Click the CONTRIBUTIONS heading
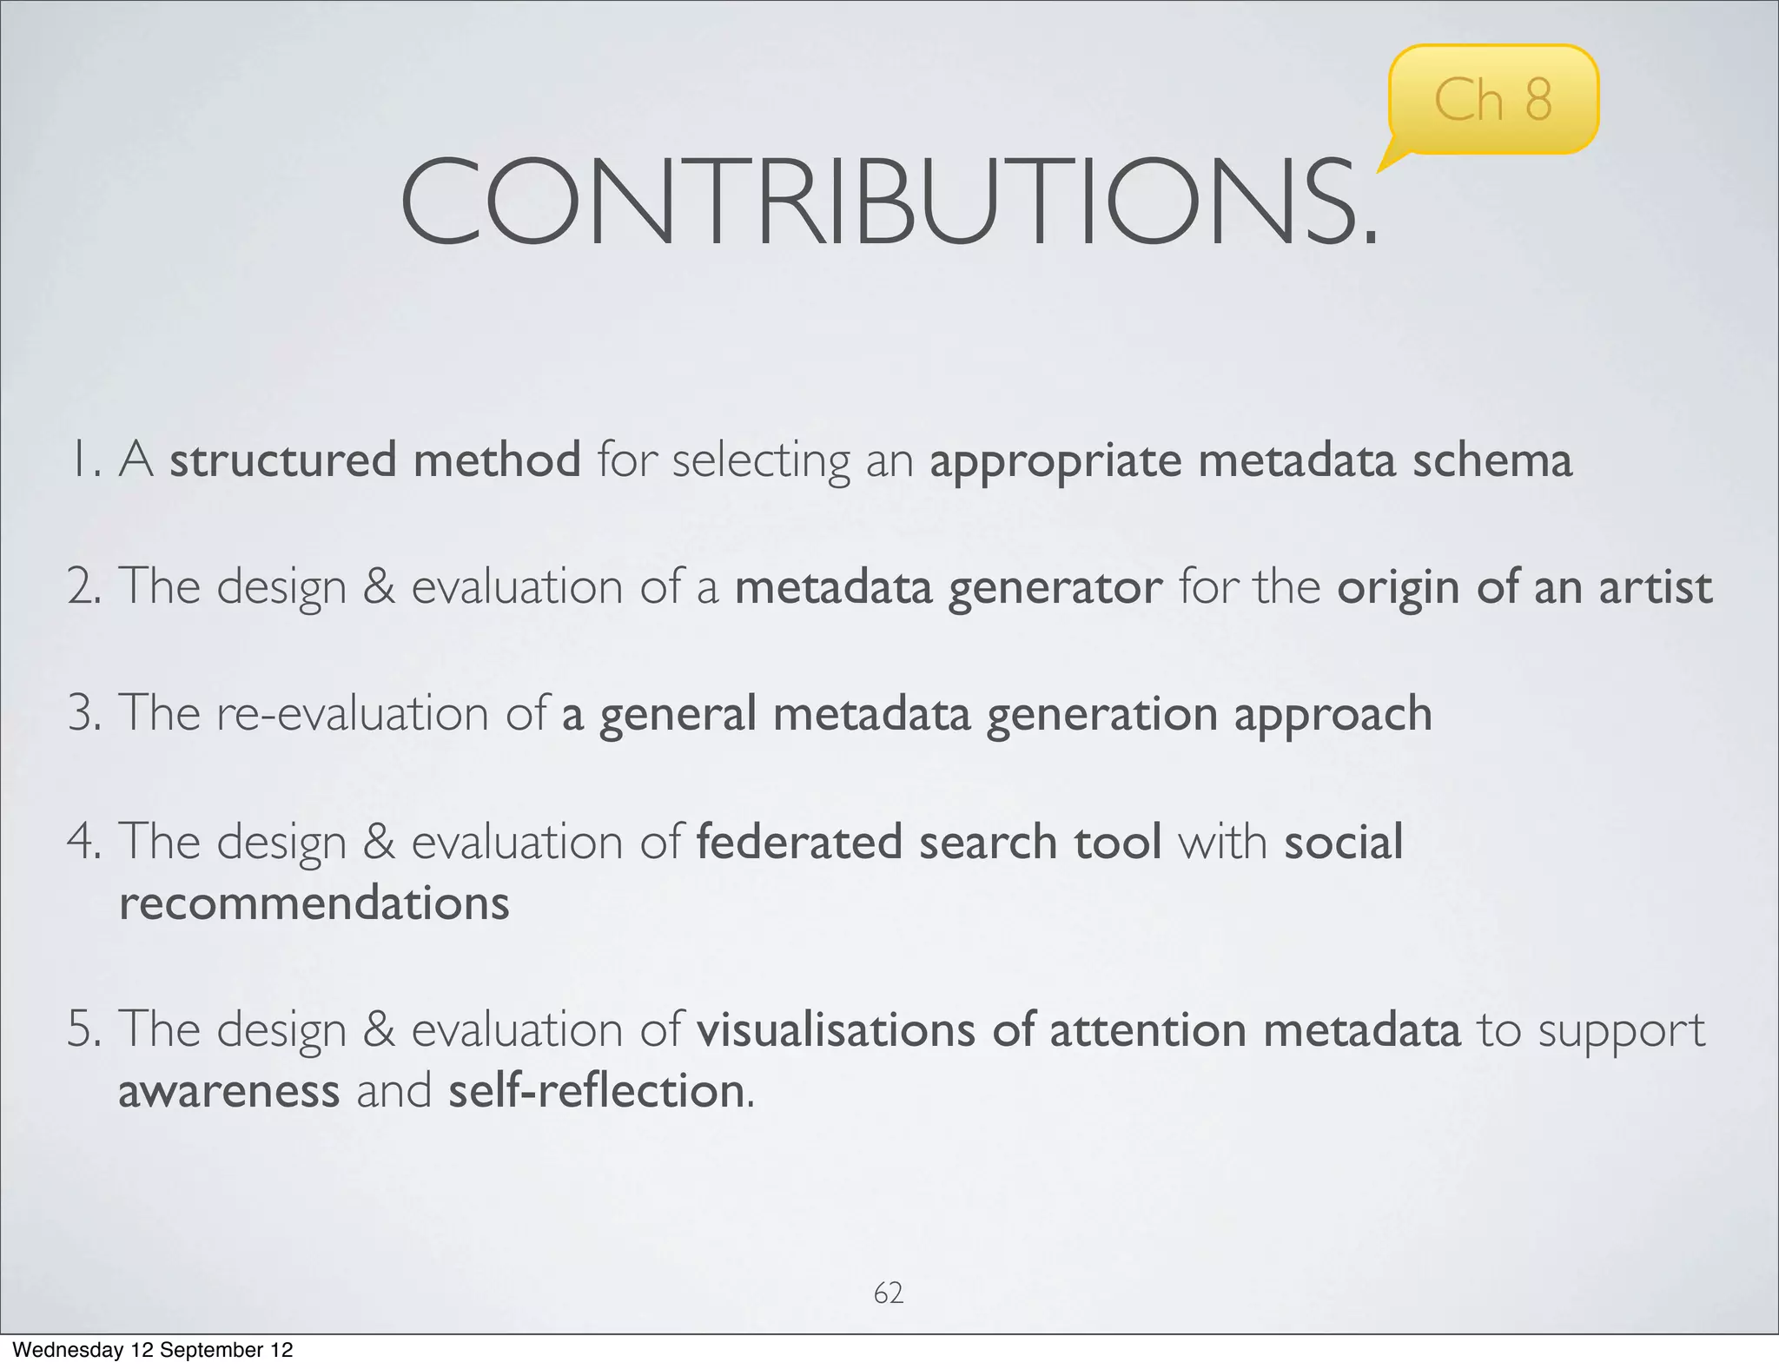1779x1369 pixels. pyautogui.click(x=888, y=203)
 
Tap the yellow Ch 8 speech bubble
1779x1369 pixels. pyautogui.click(x=1492, y=100)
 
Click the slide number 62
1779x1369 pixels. pyautogui.click(x=888, y=1293)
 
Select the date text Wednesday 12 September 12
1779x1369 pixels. pyautogui.click(x=153, y=1350)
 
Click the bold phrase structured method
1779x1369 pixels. pyautogui.click(x=374, y=460)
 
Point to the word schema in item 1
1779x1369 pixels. pyautogui.click(x=1491, y=460)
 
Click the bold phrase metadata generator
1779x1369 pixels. pyautogui.click(x=948, y=586)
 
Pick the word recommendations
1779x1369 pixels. pyautogui.click(x=314, y=903)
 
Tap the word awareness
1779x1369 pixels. pyautogui.click(x=228, y=1091)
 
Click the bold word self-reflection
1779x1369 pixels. pyautogui.click(x=596, y=1091)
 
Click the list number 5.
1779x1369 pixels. pyautogui.click(x=84, y=1029)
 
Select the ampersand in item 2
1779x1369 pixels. pyautogui.click(x=378, y=586)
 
